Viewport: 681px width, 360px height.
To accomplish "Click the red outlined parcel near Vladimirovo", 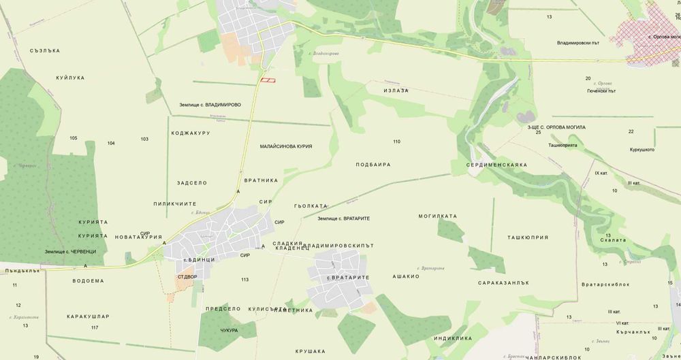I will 268,80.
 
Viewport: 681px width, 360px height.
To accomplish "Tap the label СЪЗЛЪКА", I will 46,50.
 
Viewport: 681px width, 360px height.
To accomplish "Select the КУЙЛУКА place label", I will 70,78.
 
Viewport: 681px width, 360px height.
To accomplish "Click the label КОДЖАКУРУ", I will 191,133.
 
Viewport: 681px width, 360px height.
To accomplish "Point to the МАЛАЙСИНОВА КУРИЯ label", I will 286,146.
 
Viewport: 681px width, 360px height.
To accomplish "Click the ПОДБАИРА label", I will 373,165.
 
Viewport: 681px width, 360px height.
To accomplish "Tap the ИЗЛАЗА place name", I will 396,91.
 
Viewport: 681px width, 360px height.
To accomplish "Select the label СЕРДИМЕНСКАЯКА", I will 497,165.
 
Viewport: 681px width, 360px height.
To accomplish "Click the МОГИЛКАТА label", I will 437,216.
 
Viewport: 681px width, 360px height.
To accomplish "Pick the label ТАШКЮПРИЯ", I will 528,238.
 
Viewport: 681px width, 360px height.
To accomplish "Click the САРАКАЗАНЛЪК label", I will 505,282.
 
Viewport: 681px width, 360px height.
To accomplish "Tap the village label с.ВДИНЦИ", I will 199,260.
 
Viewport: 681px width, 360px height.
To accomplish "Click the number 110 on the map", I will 396,142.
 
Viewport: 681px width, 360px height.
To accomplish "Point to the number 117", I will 95,328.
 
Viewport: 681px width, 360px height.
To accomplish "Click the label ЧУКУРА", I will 229,330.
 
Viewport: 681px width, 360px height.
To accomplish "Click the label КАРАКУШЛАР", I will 88,316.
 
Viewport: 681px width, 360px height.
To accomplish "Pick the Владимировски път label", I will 577,44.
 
